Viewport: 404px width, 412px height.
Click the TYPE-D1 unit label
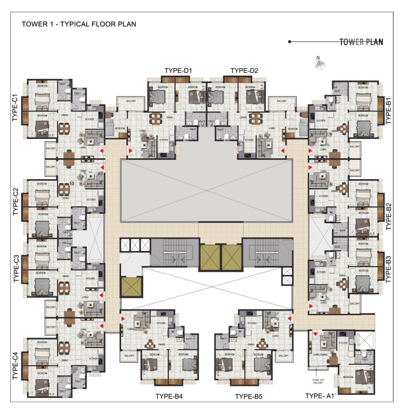(178, 71)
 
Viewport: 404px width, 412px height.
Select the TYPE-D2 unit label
(244, 71)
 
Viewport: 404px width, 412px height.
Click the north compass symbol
(320, 64)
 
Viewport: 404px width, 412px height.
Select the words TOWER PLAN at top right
(361, 42)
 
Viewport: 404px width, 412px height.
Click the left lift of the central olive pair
(209, 257)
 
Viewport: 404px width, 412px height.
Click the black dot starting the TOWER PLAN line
(290, 41)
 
